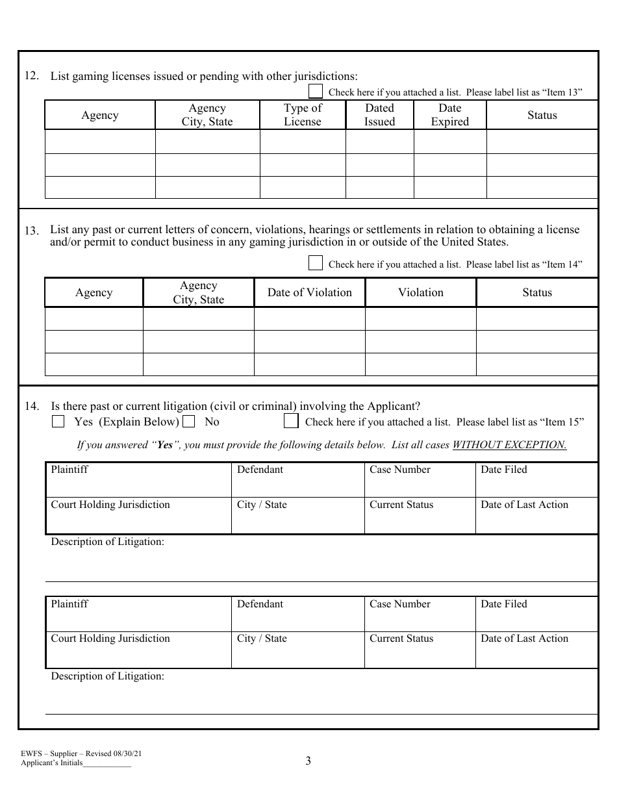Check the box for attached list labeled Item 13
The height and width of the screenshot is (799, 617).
(315, 92)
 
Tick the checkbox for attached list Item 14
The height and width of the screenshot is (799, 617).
(315, 263)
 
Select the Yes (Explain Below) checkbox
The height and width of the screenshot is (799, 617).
(58, 422)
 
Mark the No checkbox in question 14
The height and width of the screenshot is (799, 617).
(189, 422)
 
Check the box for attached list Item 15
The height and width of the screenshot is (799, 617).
(291, 422)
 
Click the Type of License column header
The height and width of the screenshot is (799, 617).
(303, 115)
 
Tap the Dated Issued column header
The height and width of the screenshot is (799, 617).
(379, 115)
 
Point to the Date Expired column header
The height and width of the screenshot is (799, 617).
(449, 115)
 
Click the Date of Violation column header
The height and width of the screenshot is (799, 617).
(309, 292)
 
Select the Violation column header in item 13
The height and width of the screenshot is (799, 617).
(420, 292)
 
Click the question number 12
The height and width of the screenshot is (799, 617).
(31, 76)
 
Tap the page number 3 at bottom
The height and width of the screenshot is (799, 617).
(308, 761)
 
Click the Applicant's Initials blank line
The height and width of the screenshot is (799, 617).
(107, 765)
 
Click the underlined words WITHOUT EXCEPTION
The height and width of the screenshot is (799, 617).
(509, 445)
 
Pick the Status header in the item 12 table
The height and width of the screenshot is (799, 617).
(542, 115)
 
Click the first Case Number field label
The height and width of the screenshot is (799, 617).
(399, 470)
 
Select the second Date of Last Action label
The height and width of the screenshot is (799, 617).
(524, 639)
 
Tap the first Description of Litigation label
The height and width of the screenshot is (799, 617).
(108, 542)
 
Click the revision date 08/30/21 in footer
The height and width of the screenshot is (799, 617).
(127, 754)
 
